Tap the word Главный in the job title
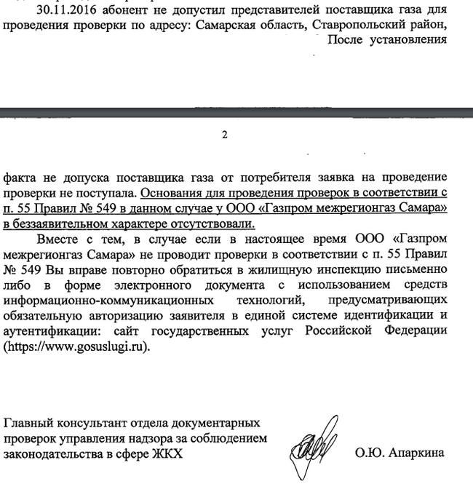tap(27, 423)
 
